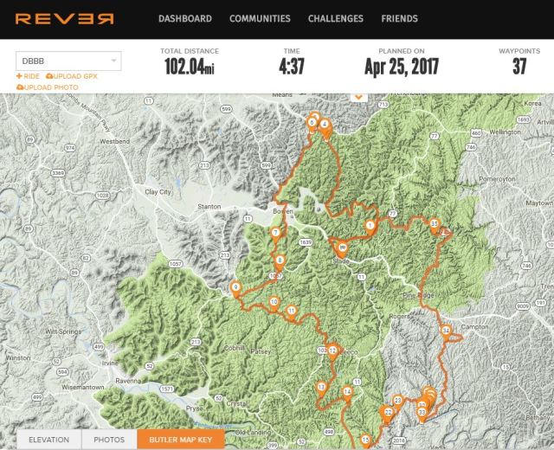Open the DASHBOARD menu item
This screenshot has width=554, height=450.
184,18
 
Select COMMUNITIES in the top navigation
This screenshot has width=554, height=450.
260,18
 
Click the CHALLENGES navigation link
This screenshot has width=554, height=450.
335,18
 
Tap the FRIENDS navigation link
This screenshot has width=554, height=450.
399,18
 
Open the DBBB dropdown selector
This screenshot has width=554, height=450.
68,61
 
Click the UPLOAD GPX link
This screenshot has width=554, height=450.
74,76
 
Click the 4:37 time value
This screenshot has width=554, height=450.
292,66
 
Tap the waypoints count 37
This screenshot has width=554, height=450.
519,66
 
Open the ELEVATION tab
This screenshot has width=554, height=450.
48,440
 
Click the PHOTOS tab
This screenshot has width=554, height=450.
109,440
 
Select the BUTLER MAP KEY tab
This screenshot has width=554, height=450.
179,440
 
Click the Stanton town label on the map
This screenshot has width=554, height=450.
209,207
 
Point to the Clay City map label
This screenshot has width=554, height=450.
158,191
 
